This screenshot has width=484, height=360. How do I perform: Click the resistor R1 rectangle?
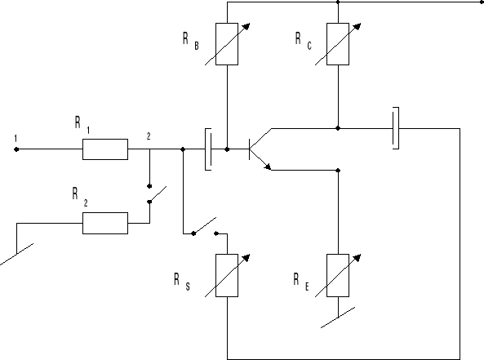pyautogui.click(x=104, y=149)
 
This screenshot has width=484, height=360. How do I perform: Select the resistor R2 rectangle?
pyautogui.click(x=104, y=222)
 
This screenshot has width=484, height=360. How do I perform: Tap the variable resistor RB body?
pyautogui.click(x=227, y=44)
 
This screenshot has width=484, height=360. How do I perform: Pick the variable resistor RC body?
pyautogui.click(x=338, y=44)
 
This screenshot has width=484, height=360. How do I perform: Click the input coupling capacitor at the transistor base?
pyautogui.click(x=209, y=149)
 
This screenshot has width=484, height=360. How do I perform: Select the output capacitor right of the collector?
pyautogui.click(x=396, y=128)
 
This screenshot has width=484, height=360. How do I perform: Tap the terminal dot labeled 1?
pyautogui.click(x=16, y=149)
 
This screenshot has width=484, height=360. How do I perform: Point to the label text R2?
pyautogui.click(x=78, y=195)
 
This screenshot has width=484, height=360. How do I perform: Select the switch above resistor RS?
pyautogui.click(x=204, y=226)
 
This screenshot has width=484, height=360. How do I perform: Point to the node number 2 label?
pyautogui.click(x=149, y=136)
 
